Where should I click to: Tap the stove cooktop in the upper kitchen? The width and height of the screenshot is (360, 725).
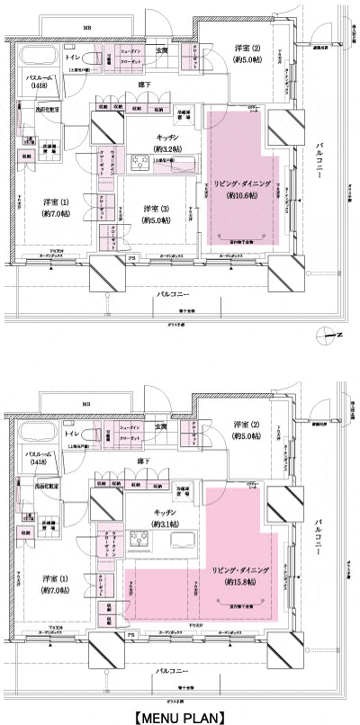pyautogui.click(x=141, y=163)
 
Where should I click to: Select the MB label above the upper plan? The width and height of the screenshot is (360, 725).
pyautogui.click(x=87, y=29)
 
